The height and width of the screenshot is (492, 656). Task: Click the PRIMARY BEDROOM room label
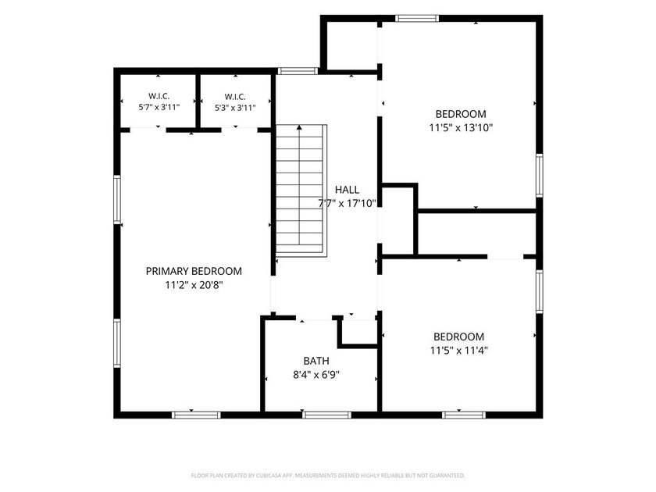pos(194,271)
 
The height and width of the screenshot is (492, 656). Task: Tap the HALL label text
pos(347,190)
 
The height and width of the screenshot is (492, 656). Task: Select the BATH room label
pos(316,361)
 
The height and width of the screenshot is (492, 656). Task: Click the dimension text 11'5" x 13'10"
pos(461,127)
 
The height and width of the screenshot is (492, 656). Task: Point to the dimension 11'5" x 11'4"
pos(459,350)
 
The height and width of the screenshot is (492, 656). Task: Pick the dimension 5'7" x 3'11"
pos(159,107)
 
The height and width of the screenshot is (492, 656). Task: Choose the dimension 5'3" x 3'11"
pos(235,108)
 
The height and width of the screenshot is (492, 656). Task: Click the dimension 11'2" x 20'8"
pos(194,285)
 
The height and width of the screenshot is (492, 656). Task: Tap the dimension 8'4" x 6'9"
pos(316,374)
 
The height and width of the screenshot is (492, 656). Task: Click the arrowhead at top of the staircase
pos(299,127)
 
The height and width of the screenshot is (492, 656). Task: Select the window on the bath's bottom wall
pos(326,415)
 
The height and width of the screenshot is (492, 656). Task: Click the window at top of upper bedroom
pos(417,19)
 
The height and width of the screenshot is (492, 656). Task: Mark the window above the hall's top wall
pos(298,71)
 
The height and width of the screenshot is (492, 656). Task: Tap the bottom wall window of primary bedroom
pos(196,415)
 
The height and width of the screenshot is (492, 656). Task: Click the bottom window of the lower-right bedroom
pos(464,415)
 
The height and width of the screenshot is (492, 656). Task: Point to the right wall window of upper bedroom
pos(540,175)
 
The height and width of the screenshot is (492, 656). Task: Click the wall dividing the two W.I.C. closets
pos(198,102)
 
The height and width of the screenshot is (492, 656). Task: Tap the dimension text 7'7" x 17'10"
pos(348,204)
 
